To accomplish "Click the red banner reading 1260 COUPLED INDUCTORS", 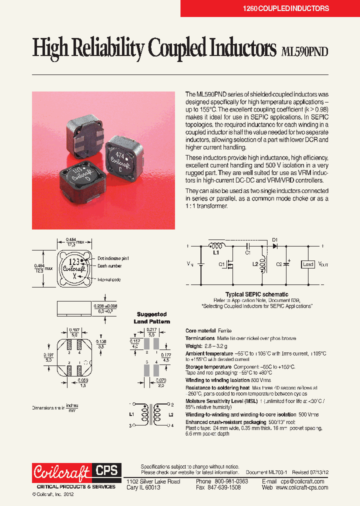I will [285, 8].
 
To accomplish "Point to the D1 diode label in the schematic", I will [274, 239].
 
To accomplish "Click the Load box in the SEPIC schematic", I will [308, 264].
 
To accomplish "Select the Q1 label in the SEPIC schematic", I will [221, 264].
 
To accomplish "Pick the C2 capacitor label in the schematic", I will [278, 264].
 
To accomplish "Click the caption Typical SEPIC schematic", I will [256, 294].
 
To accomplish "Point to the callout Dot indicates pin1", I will [113, 258].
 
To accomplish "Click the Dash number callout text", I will [109, 266].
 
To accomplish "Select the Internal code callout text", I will [109, 279].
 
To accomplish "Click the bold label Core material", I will [200, 331].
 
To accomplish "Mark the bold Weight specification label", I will [193, 345].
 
